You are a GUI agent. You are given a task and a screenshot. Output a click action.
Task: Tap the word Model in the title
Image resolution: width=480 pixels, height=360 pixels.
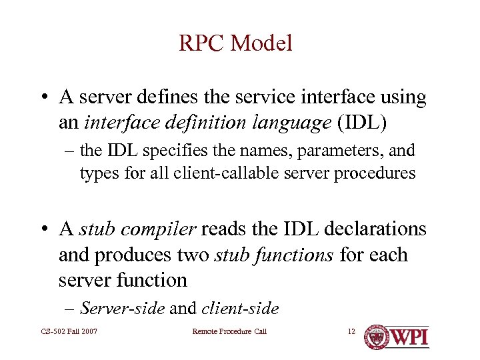point(261,44)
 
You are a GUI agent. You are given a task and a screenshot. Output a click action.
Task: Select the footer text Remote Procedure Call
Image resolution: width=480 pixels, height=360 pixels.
point(229,331)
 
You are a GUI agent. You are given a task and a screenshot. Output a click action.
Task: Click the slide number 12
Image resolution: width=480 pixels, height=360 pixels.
point(351,331)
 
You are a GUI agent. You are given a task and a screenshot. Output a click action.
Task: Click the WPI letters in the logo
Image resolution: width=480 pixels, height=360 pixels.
point(409,336)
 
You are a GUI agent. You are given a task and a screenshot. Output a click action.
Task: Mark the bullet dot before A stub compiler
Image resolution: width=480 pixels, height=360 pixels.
point(43,230)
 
